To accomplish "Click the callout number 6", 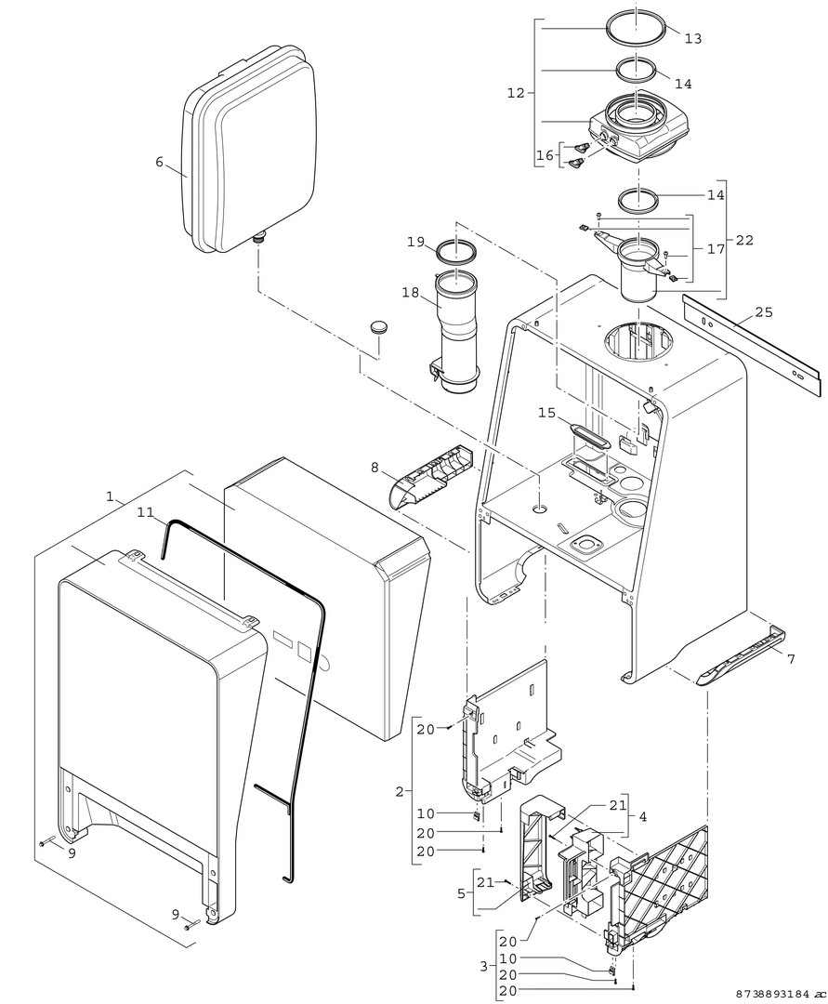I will (159, 162).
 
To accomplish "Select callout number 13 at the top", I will (693, 38).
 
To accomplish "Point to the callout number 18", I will (411, 292).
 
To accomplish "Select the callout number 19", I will (415, 242).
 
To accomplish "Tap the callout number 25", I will (763, 311).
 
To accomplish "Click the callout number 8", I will (375, 468).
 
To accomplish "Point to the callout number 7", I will (791, 658).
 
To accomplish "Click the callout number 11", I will (145, 511).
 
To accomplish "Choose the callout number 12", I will (517, 92).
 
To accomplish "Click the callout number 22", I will (744, 240).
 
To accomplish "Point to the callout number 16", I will (544, 154).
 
